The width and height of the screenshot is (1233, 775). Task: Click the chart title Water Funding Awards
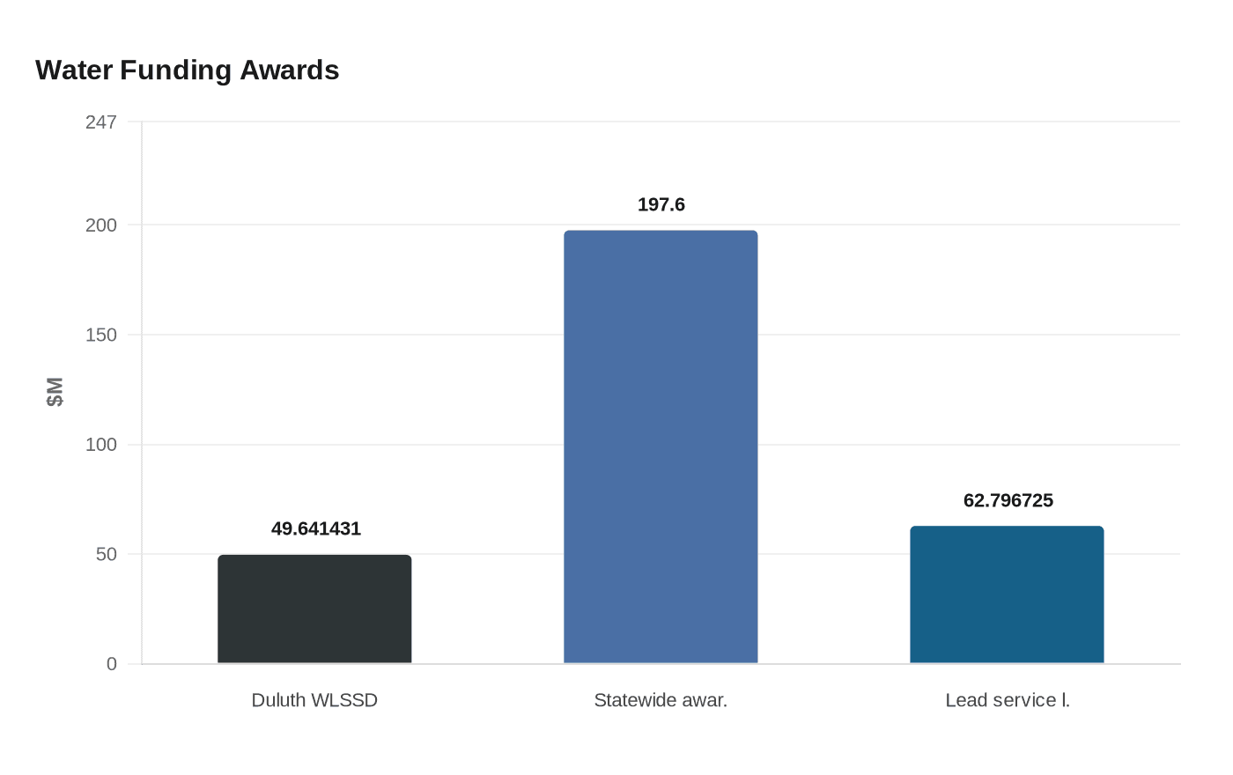[x=187, y=70]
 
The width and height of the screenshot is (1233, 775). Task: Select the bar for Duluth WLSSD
[x=314, y=609]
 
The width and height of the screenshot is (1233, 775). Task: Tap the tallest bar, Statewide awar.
[x=661, y=447]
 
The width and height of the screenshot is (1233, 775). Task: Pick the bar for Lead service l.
[x=1007, y=594]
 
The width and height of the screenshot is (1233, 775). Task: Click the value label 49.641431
[x=315, y=528]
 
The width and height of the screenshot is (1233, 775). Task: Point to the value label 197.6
[x=661, y=204]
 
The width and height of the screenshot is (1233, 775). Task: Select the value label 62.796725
[x=1008, y=500]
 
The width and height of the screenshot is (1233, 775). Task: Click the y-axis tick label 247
[x=101, y=122]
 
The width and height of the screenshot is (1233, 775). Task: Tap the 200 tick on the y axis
[x=101, y=225]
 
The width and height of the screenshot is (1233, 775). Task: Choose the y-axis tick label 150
[x=101, y=335]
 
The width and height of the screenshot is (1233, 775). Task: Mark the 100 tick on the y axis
[x=101, y=445]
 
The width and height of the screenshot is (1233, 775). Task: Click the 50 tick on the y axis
[x=107, y=554]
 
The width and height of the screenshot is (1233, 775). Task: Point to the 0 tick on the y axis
[x=112, y=664]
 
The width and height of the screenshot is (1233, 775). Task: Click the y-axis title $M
[x=55, y=392]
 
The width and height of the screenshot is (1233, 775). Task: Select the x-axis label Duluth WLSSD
[x=314, y=700]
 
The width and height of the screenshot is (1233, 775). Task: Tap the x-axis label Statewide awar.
[x=661, y=700]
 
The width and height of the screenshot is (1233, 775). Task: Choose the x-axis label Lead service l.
[x=1008, y=700]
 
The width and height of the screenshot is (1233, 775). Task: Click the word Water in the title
[x=74, y=70]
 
